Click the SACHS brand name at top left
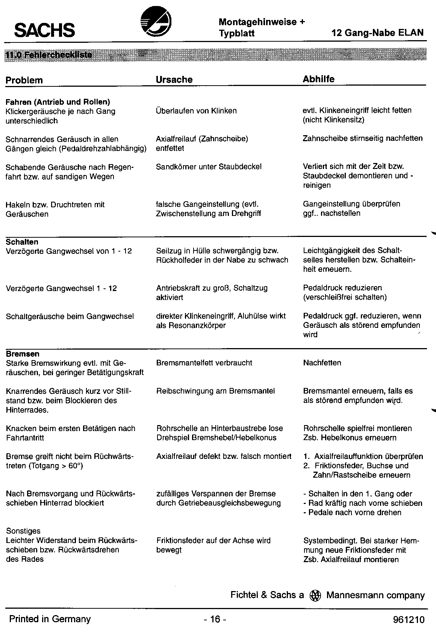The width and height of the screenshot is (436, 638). click(44, 30)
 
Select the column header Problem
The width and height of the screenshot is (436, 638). click(24, 80)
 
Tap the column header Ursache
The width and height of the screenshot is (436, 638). click(174, 80)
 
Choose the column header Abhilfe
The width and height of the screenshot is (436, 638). click(318, 79)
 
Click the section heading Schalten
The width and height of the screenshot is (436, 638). click(22, 242)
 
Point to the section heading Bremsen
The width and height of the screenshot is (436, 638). click(23, 354)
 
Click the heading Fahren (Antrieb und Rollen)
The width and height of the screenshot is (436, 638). click(58, 102)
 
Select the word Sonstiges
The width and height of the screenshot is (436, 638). click(23, 531)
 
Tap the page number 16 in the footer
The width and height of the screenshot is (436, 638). click(215, 619)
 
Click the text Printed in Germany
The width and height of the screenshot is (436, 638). click(50, 619)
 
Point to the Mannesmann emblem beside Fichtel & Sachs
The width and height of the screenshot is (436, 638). click(315, 596)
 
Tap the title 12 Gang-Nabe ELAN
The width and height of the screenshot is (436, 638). click(377, 33)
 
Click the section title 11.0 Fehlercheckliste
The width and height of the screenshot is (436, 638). click(49, 55)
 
